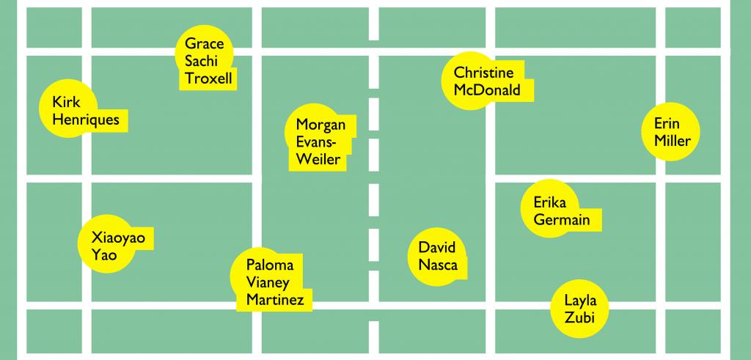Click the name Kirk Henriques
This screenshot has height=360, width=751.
(x=85, y=111)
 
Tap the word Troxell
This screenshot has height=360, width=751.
(x=210, y=78)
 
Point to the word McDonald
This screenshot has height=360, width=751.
(x=487, y=91)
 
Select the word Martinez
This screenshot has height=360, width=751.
(x=274, y=299)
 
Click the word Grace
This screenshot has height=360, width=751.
(x=204, y=43)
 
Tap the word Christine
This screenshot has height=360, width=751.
(x=483, y=73)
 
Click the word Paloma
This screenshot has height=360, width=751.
(x=270, y=265)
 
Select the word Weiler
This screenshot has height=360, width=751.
(x=318, y=159)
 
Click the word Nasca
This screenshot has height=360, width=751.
(x=438, y=265)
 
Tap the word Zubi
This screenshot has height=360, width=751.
(x=580, y=317)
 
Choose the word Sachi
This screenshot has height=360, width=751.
(x=201, y=61)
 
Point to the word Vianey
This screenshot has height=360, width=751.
(x=268, y=282)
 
